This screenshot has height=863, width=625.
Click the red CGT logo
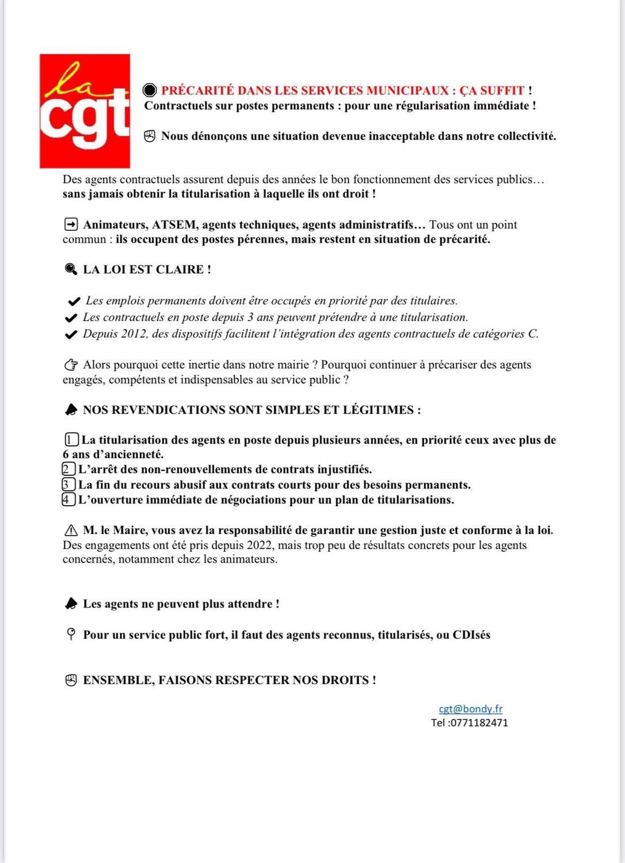coord(85,111)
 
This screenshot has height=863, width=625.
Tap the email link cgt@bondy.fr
coord(470,709)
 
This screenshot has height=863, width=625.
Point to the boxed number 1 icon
coord(72,440)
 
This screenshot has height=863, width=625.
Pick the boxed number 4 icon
coord(68,499)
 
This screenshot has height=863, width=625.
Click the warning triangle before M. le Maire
coord(71,530)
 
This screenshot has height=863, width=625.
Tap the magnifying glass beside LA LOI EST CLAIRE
coord(71,269)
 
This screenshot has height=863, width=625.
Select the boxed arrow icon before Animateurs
coord(71,224)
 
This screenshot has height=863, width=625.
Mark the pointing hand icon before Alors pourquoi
coord(71,365)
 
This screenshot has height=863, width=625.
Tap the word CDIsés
coord(471,635)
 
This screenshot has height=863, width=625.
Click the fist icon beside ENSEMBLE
coord(71,680)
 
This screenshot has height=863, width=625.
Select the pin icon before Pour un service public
coord(71,635)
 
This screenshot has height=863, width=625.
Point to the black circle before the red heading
coord(150,90)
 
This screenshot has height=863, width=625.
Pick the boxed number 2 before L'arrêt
coord(68,469)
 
